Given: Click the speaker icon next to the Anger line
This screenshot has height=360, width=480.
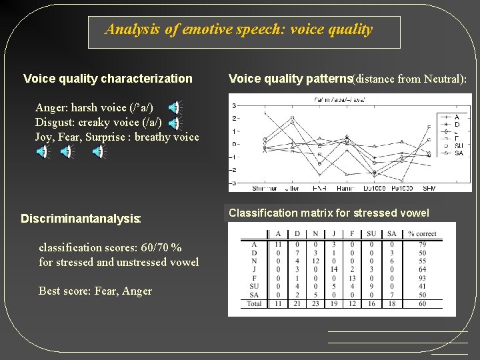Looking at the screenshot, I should tap(173, 107).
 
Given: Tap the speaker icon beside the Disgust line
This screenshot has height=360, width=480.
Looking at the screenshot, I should tap(173, 123).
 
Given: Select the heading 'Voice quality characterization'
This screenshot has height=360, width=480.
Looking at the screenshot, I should tap(107, 79).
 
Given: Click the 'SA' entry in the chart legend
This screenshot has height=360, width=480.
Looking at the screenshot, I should tap(459, 153).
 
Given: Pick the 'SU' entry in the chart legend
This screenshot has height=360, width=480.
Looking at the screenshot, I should tap(459, 146).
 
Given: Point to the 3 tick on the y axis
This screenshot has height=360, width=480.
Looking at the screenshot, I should tap(232, 105).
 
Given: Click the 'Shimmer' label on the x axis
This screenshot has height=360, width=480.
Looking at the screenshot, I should tap(264, 189).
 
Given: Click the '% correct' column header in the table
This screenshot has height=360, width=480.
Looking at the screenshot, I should tap(422, 233).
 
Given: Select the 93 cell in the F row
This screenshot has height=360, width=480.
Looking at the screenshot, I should tap(422, 278).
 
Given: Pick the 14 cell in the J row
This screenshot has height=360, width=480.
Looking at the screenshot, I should tap(334, 269).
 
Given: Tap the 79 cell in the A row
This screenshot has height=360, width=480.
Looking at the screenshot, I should tap(422, 244).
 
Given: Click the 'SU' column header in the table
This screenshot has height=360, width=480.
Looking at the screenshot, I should tap(371, 233).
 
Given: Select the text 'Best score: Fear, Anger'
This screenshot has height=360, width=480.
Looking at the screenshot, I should tap(95, 291).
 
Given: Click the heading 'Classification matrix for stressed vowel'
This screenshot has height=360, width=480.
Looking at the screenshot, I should tap(329, 213).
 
